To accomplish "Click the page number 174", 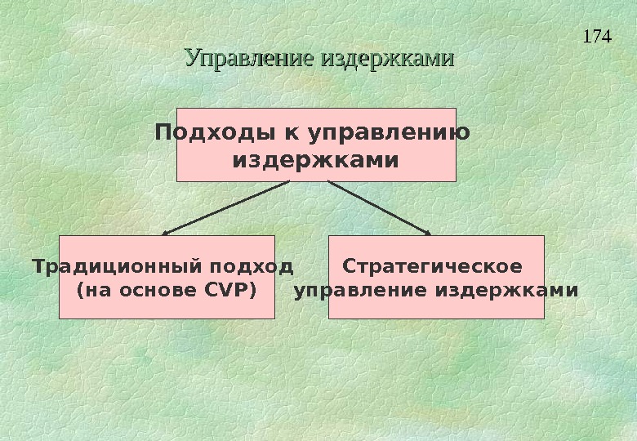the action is pos(599,37).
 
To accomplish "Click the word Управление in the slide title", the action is pos(251,59).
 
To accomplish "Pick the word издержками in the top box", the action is pos(316,160).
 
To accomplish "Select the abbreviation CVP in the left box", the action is pos(222,291).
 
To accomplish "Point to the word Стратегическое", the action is pos(433,267).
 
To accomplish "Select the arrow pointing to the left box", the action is pos(226,207).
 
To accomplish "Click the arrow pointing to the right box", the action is pos(378,207).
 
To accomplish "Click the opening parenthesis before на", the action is pos(78,291).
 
